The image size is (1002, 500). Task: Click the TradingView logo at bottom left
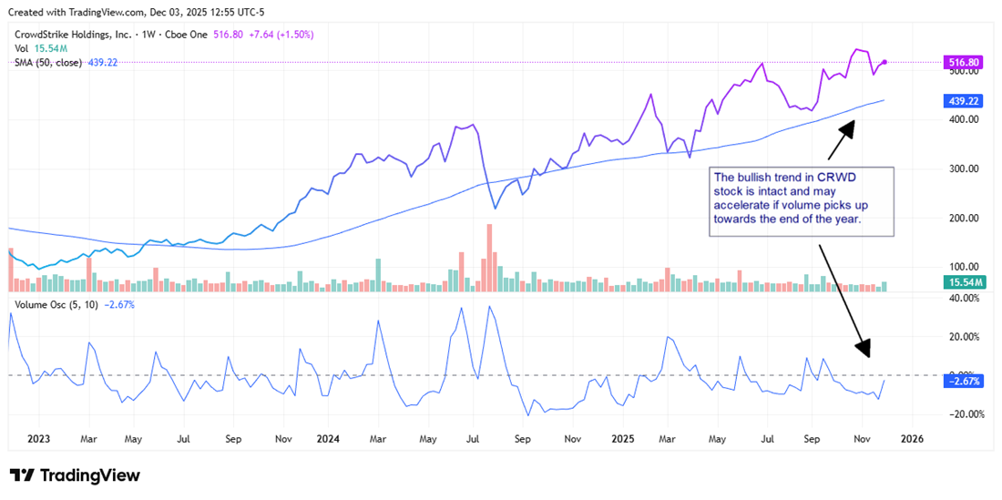[75, 475]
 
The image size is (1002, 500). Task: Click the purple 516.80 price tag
[965, 62]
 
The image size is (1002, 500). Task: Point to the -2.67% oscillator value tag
[965, 382]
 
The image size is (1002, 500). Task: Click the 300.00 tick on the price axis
[964, 168]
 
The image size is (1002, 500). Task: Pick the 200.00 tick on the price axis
[964, 219]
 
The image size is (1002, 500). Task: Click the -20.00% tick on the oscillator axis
[964, 414]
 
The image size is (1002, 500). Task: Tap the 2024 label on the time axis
[327, 438]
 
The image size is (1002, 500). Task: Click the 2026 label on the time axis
[911, 438]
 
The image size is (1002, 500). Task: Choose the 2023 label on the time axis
[38, 438]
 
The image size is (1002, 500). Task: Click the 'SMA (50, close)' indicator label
[47, 63]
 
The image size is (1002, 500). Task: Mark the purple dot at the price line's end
[884, 62]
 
